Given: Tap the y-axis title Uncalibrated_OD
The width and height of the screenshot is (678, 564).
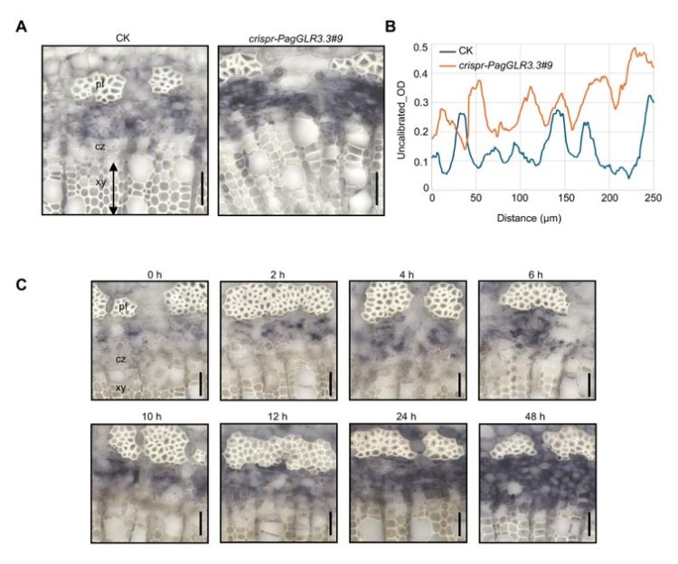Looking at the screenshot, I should pos(404,116).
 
